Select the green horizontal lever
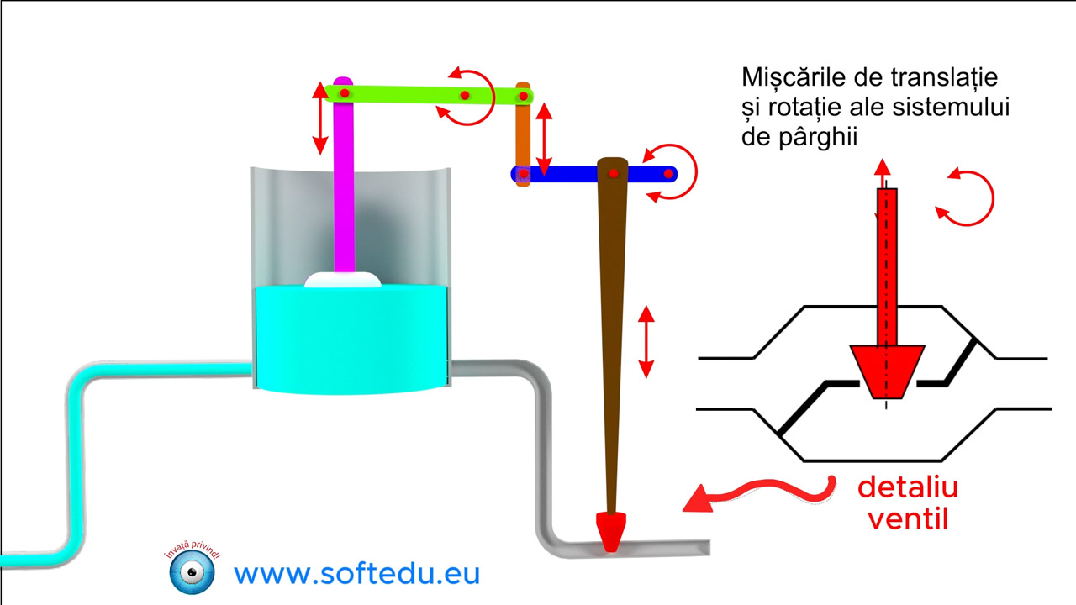click(x=428, y=95)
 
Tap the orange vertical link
click(x=523, y=134)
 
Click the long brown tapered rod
click(x=611, y=336)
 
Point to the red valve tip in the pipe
click(x=610, y=532)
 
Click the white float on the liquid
click(x=342, y=280)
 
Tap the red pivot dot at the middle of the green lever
click(x=465, y=96)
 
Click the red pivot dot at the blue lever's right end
click(x=668, y=174)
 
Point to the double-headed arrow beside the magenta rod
click(x=320, y=118)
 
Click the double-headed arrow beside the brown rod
click(x=646, y=342)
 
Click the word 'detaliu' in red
click(x=908, y=488)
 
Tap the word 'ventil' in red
click(x=909, y=519)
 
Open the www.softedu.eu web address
click(x=357, y=574)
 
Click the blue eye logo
click(x=193, y=572)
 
